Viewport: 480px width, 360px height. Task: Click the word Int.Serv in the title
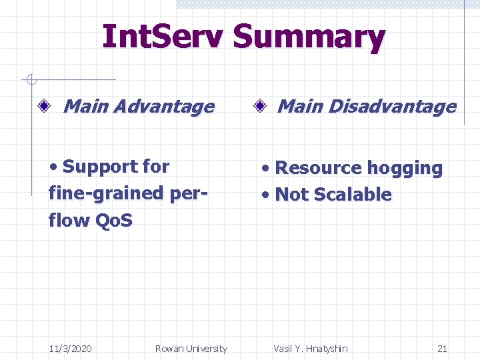(x=163, y=37)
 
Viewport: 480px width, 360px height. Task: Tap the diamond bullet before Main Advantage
(x=45, y=106)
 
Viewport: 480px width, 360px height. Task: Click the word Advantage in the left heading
(x=167, y=107)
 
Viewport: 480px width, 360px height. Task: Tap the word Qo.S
(x=113, y=220)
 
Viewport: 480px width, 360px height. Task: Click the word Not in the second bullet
(x=291, y=195)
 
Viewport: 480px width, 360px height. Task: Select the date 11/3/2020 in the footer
(x=71, y=348)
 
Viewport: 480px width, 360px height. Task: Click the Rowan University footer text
(x=191, y=348)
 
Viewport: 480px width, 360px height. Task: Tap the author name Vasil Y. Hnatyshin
(x=310, y=348)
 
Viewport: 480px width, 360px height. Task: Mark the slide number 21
(x=442, y=348)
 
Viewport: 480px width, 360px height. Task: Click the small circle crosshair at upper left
(x=30, y=80)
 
